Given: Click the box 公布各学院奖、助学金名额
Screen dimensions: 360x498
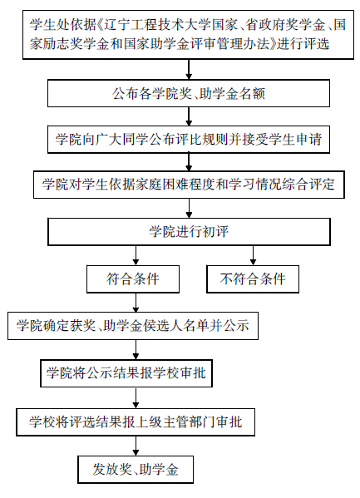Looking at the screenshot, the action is (189, 93).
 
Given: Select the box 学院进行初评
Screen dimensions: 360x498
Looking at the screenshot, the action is (189, 231).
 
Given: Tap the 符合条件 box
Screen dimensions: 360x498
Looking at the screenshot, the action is (133, 279).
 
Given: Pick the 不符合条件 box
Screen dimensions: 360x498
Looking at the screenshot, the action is (253, 279).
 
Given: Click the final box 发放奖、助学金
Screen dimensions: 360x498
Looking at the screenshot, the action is (136, 470).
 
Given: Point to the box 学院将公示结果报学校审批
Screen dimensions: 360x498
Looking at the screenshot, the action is (126, 373).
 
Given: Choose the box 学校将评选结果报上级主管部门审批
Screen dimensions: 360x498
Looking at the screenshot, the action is (136, 422).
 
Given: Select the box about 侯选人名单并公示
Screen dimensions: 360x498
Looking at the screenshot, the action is (133, 326).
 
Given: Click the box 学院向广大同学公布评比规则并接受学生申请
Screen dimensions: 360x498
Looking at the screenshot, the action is (189, 140).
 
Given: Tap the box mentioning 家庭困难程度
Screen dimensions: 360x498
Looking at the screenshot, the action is (189, 185).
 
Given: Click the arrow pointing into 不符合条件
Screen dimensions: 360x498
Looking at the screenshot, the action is (253, 255).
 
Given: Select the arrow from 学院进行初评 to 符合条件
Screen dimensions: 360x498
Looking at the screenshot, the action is (136, 255).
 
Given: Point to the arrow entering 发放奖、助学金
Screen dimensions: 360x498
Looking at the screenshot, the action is (136, 446).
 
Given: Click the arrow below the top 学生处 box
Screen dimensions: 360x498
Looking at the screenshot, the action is (189, 69).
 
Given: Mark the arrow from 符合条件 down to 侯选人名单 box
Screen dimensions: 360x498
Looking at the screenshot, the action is (136, 303).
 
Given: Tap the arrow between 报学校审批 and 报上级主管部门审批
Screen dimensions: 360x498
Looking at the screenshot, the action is (136, 397).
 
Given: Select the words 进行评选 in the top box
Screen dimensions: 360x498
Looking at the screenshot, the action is (303, 43).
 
